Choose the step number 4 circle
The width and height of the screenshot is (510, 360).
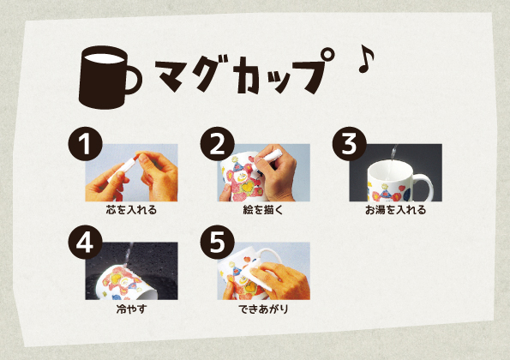pos(82,243)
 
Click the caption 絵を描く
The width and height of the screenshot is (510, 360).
pos(262,208)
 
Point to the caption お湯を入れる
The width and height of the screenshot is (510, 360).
pos(395,208)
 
